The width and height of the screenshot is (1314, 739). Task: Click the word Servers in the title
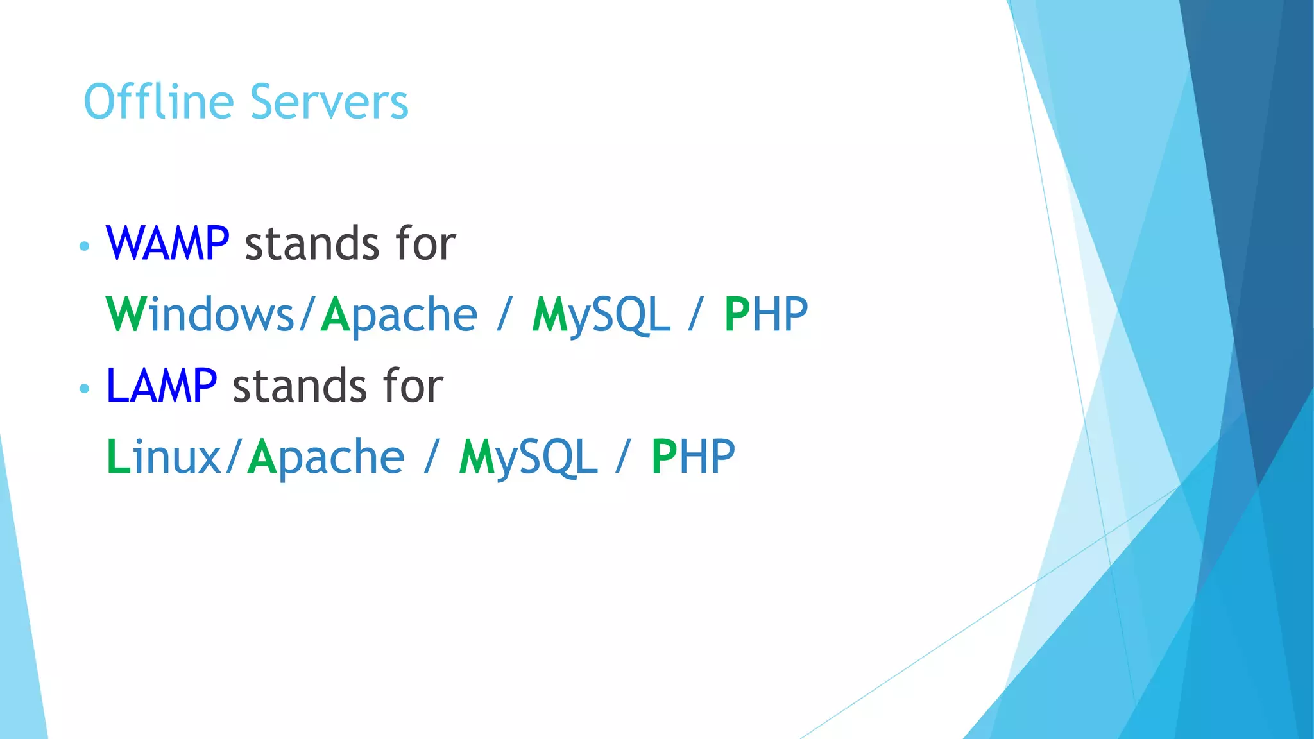pyautogui.click(x=329, y=103)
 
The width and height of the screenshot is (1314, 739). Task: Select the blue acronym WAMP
pyautogui.click(x=167, y=244)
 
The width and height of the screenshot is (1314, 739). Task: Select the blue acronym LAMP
pyautogui.click(x=161, y=386)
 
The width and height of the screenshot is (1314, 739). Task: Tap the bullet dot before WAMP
pyautogui.click(x=84, y=246)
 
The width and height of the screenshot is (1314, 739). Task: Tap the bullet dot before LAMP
pyautogui.click(x=84, y=388)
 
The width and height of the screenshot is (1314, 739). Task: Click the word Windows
pyautogui.click(x=200, y=314)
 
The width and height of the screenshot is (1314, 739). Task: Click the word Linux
pyautogui.click(x=164, y=457)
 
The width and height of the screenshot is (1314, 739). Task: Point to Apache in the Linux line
pyautogui.click(x=326, y=458)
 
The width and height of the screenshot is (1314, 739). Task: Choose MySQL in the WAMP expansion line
pyautogui.click(x=601, y=316)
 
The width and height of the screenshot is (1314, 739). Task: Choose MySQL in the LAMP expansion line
pyautogui.click(x=528, y=458)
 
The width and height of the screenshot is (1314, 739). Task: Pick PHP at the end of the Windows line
pyautogui.click(x=765, y=314)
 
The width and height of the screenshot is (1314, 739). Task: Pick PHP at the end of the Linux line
pyautogui.click(x=693, y=457)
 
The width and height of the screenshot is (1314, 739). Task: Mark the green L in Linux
pyautogui.click(x=118, y=457)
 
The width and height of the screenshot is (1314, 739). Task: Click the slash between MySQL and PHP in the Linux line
pyautogui.click(x=622, y=457)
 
